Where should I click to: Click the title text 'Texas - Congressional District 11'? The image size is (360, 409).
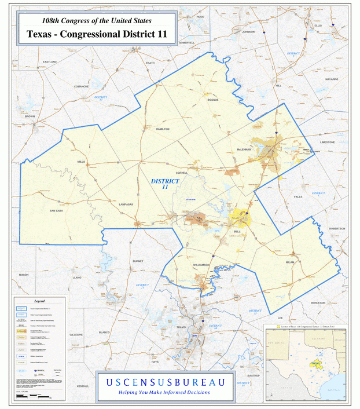coord(97,34)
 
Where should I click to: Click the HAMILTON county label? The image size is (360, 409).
coord(163,129)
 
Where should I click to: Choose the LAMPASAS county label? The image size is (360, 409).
coord(126,204)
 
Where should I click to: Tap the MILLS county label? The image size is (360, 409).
coord(81,162)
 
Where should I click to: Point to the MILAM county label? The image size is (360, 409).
coord(290,262)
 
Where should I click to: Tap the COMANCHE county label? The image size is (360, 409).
coord(80,86)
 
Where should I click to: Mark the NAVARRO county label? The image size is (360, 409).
coord(331,78)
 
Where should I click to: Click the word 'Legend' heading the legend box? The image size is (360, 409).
coord(39,301)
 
